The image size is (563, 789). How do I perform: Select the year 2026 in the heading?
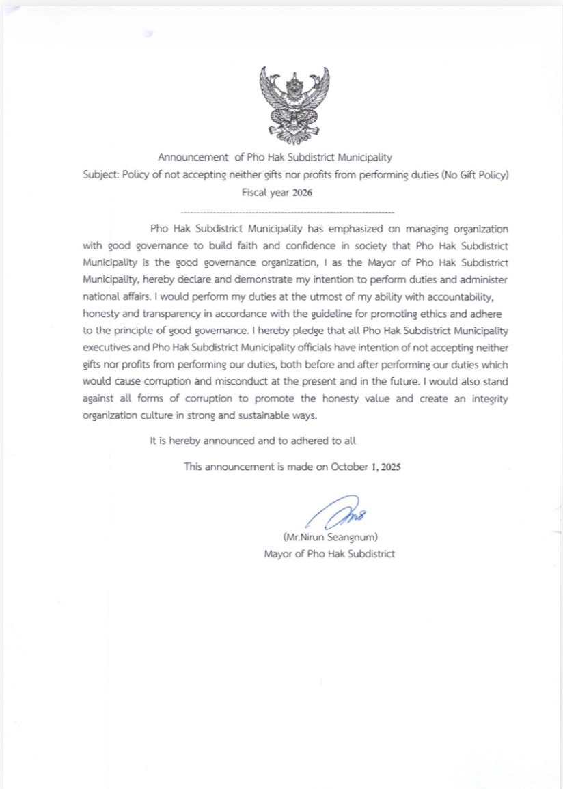302,193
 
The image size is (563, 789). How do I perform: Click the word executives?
108,348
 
